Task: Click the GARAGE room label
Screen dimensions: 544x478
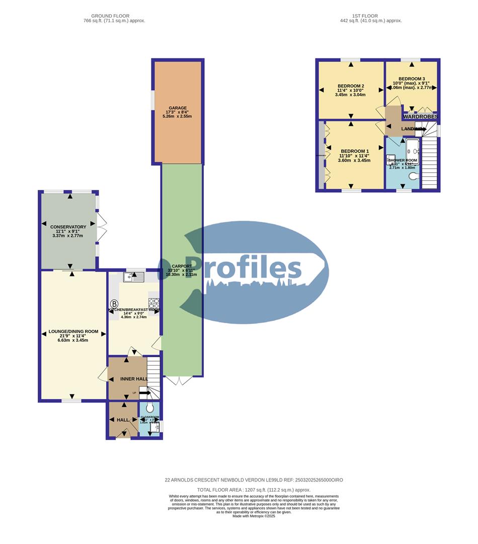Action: pyautogui.click(x=178, y=108)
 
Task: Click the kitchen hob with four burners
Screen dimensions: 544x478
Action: pyautogui.click(x=153, y=303)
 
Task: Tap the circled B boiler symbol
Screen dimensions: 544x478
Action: pyautogui.click(x=114, y=304)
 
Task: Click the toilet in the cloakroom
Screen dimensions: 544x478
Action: pyautogui.click(x=149, y=408)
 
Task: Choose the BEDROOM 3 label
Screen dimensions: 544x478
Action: pyautogui.click(x=412, y=79)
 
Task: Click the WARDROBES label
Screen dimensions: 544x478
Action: pyautogui.click(x=420, y=116)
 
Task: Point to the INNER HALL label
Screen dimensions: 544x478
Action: pyautogui.click(x=127, y=379)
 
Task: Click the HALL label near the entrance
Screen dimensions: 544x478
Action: pyautogui.click(x=123, y=420)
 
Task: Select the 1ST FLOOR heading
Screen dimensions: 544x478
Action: pyautogui.click(x=370, y=16)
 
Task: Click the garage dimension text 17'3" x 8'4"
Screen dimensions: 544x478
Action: pyautogui.click(x=178, y=112)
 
